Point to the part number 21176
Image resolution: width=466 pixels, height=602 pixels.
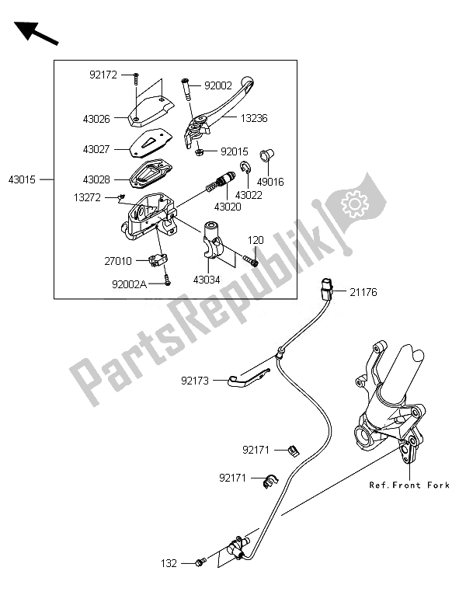[x=363, y=293]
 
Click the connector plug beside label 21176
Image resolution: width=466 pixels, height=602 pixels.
[x=327, y=289]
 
